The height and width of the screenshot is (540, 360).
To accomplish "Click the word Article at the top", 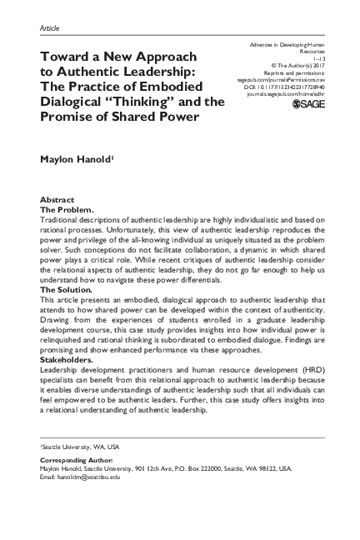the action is point(49,27).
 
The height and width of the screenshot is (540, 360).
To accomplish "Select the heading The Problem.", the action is point(67,209).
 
